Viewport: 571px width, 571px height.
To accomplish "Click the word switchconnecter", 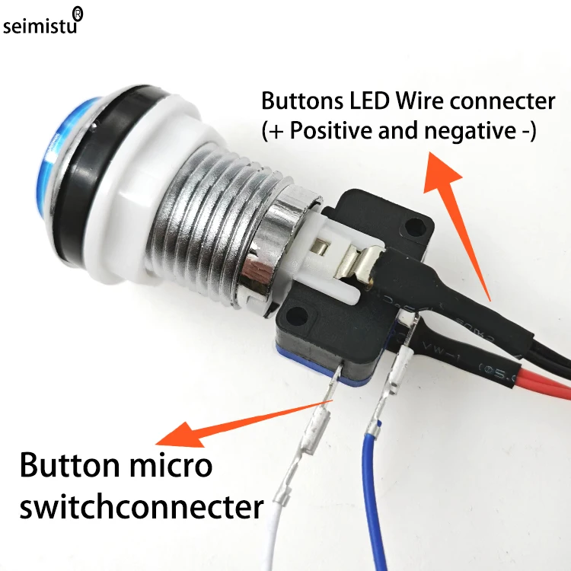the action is click(141, 505).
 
